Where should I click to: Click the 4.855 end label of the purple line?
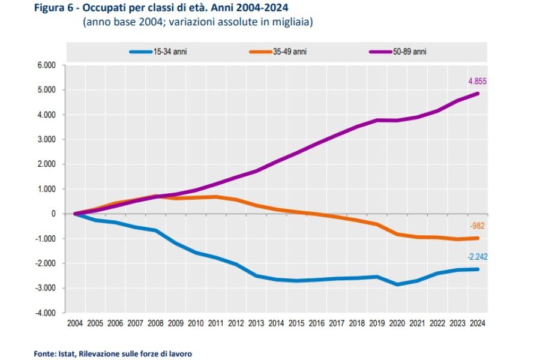coord(478,80)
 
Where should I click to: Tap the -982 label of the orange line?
coord(478,226)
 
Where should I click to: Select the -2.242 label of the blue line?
coord(478,257)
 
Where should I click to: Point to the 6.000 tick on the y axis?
coord(47,65)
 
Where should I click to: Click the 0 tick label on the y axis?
coord(53,214)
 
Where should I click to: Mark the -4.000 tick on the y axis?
coord(46,313)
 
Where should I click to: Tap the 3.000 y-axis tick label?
coord(47,139)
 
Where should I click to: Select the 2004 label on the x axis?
coord(75,323)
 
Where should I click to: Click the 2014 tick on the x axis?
coord(277,323)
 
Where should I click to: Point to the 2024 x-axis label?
coord(478,323)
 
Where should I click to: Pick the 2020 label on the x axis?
coord(397,323)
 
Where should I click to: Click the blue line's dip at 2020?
coord(397,284)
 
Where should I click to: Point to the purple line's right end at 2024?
coord(478,94)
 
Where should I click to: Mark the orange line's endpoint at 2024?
coord(478,238)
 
